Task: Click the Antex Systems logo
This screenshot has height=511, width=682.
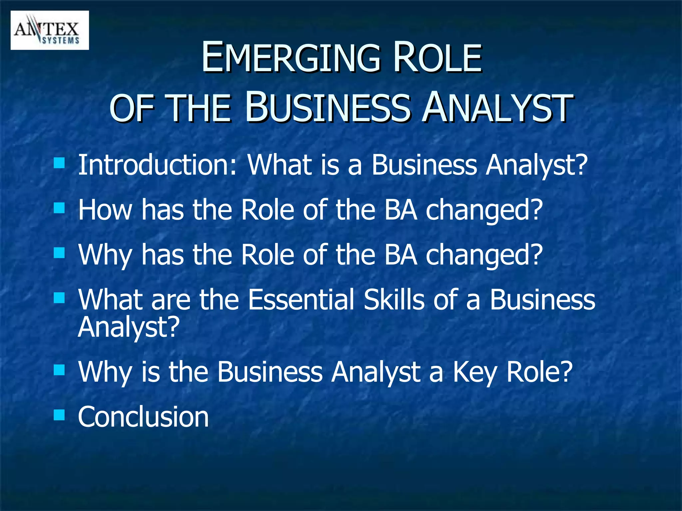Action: point(50,30)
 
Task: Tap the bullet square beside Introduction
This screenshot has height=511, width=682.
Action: point(59,163)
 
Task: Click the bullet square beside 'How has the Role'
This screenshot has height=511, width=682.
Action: point(59,209)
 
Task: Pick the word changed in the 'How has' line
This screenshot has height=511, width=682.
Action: point(484,210)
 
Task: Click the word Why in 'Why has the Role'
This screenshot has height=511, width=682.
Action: point(105,255)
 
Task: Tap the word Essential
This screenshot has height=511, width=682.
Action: point(301,299)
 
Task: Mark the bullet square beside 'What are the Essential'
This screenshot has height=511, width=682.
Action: point(59,297)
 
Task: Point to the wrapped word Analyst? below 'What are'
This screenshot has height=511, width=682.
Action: point(129,327)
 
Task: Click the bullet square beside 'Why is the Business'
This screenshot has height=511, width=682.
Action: point(59,370)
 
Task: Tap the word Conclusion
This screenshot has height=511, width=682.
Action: point(143,417)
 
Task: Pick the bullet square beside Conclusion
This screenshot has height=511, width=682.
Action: point(59,415)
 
